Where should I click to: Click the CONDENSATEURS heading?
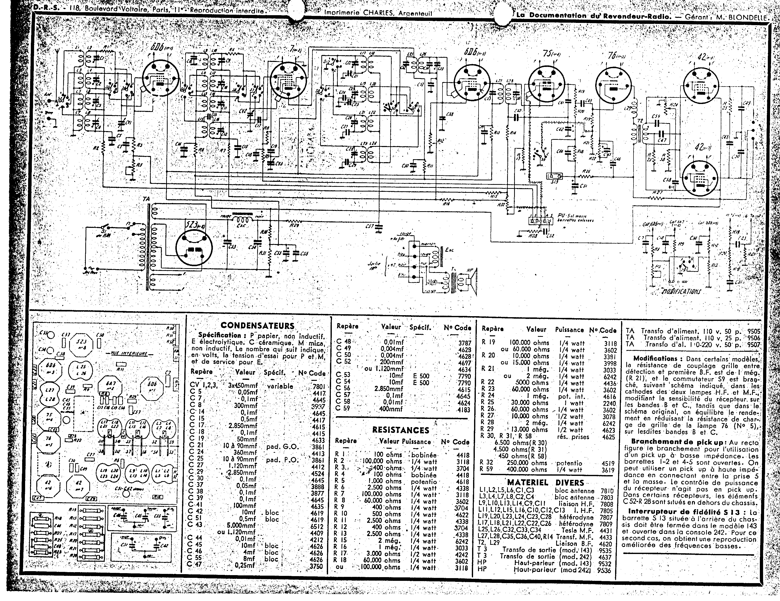coord(257,325)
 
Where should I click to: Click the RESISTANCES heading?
coord(400,430)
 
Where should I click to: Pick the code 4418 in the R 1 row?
coord(463,455)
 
